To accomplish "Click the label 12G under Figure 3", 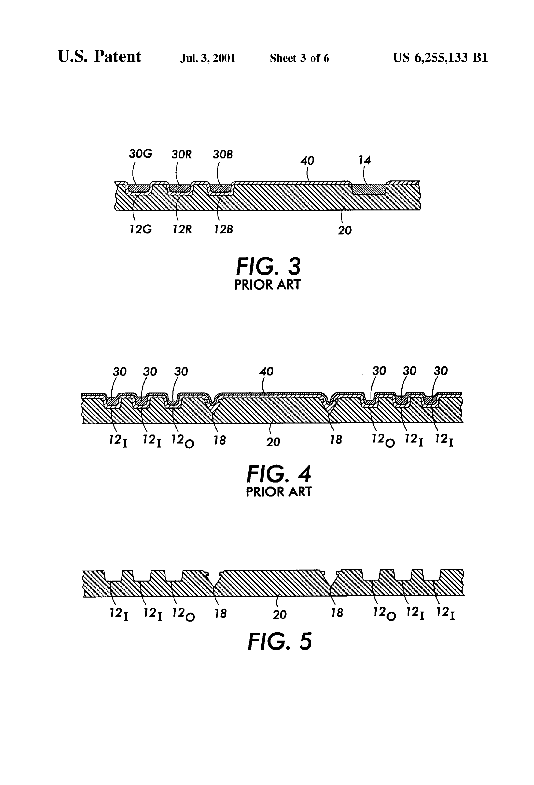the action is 140,229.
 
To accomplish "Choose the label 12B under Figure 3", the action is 223,229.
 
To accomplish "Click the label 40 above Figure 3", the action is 307,161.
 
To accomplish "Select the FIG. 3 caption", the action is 268,266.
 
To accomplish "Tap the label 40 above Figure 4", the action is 266,372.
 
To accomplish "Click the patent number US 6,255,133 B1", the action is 440,58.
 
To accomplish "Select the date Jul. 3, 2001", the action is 208,58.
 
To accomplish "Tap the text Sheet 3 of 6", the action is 299,58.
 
